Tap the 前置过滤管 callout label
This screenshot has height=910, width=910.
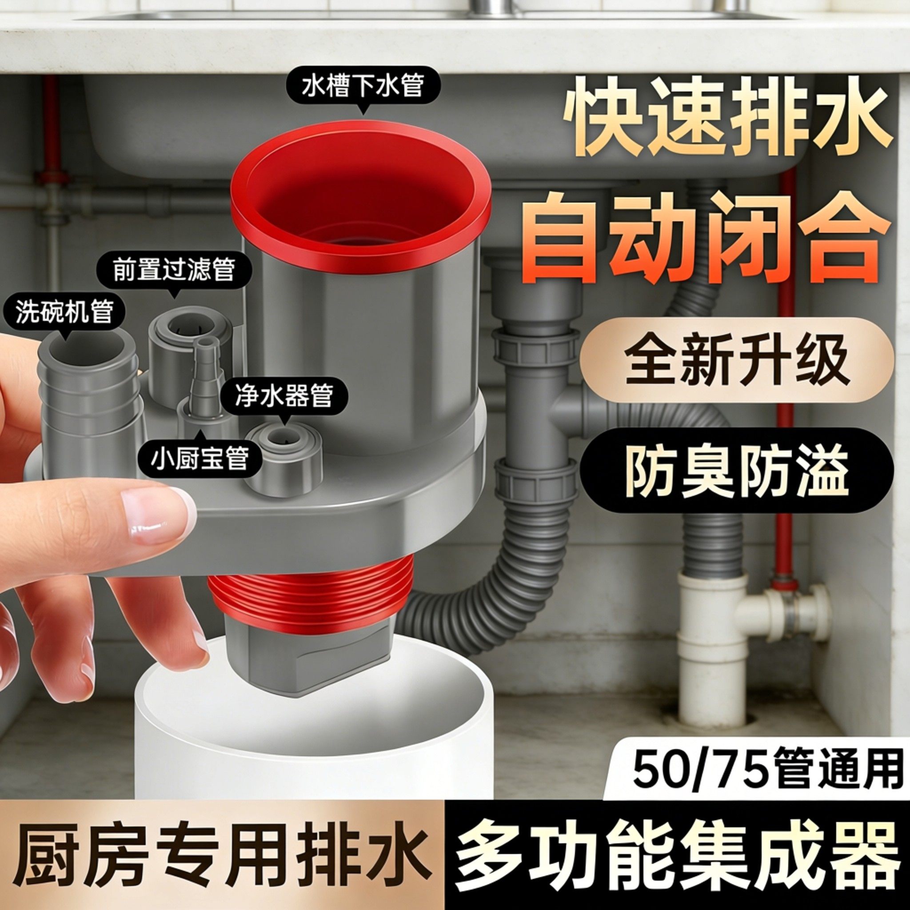(x=174, y=271)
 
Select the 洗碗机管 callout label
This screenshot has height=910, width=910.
(x=64, y=312)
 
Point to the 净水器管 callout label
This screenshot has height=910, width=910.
(x=284, y=395)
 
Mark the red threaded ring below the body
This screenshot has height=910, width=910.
(x=311, y=594)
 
